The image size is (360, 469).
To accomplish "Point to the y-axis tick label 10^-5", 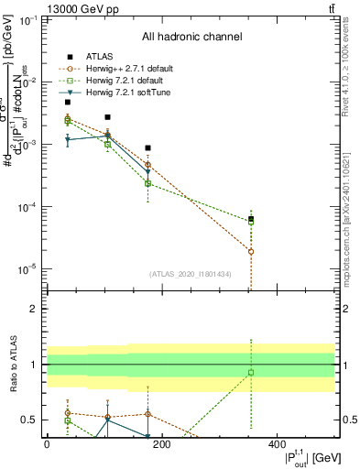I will coord(27,269).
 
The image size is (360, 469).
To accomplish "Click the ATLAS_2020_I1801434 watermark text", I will coord(191,274).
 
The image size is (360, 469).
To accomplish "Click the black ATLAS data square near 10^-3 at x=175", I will coord(148,147).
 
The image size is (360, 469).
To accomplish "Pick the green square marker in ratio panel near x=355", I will coord(251,372).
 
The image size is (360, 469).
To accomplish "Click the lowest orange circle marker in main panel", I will coord(251,251).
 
